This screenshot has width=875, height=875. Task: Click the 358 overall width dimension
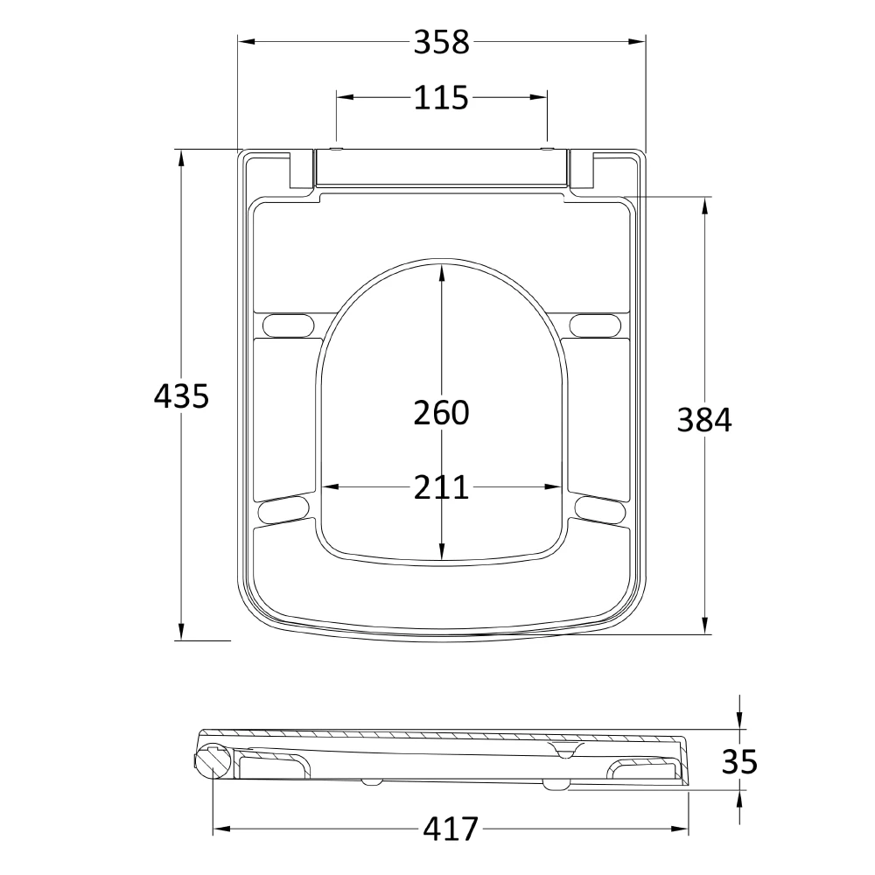(x=441, y=42)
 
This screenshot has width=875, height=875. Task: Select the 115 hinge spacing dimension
(x=441, y=98)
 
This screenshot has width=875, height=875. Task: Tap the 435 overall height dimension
(x=181, y=396)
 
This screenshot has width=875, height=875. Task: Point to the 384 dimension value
(x=704, y=420)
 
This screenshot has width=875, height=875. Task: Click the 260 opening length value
(x=441, y=411)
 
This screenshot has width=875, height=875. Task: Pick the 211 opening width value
(x=441, y=487)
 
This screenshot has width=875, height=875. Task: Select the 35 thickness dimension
(x=739, y=761)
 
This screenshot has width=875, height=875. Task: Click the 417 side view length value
(x=451, y=828)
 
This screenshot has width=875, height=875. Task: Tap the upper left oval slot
(x=287, y=324)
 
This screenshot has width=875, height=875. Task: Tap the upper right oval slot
(x=596, y=324)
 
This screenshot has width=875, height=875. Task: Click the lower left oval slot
(x=283, y=510)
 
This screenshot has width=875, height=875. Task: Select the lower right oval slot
(x=600, y=510)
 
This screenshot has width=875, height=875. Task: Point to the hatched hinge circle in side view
(x=213, y=760)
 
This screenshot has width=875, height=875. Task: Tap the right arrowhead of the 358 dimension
(x=638, y=41)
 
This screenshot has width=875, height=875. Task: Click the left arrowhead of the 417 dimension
(x=221, y=828)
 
